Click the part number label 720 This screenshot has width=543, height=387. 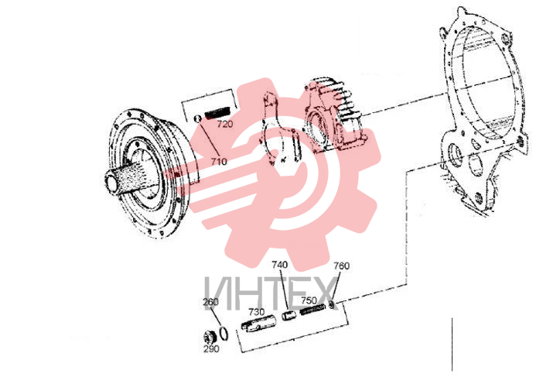[225, 124]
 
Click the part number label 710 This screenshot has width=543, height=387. [219, 162]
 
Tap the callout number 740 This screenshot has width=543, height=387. [279, 265]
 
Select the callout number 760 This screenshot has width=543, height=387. [341, 265]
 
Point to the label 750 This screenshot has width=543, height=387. [309, 300]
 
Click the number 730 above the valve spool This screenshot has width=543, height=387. [256, 312]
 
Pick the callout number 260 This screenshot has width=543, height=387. [210, 302]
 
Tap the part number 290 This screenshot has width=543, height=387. [211, 348]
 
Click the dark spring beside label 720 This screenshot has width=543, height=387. [217, 112]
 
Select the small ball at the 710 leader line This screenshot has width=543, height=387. [198, 118]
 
